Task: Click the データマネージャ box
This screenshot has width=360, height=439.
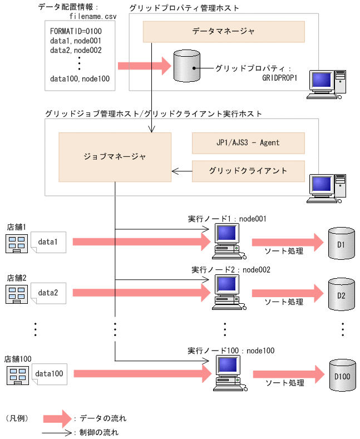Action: tap(224, 32)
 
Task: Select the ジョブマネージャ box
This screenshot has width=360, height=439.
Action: tap(115, 157)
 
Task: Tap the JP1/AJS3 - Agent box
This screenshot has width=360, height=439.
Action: tap(248, 143)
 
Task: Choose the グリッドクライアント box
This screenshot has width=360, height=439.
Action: tap(248, 171)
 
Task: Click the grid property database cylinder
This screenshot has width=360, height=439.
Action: tap(186, 66)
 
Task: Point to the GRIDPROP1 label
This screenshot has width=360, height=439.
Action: tap(280, 78)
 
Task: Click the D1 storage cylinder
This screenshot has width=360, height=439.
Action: tap(341, 243)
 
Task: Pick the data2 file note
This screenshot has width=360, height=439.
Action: tap(51, 292)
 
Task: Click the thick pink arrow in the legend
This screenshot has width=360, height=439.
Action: tap(57, 417)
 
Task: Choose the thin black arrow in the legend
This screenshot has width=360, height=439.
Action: tap(57, 432)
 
